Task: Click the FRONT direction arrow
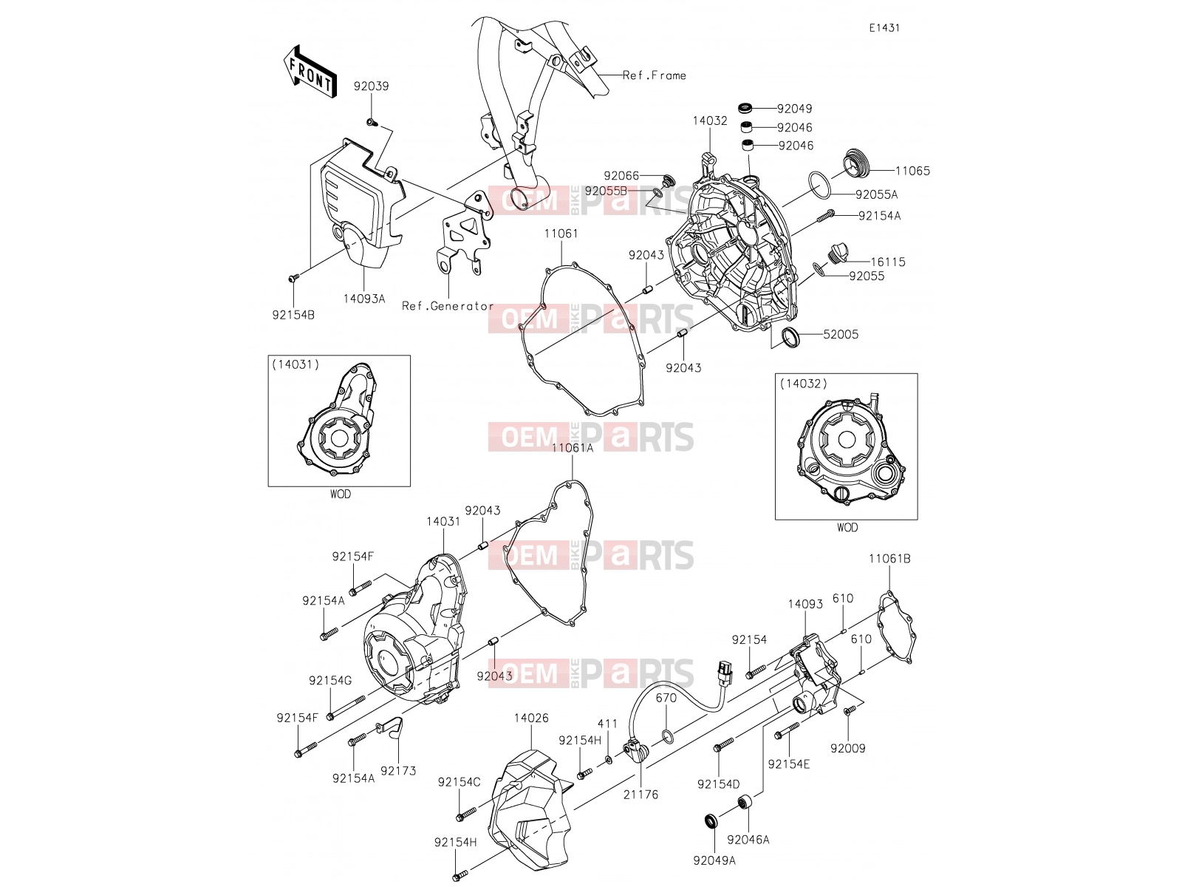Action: pyautogui.click(x=310, y=71)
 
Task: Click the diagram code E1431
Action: pyautogui.click(x=884, y=28)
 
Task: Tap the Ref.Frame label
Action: pyautogui.click(x=655, y=75)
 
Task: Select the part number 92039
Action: pyautogui.click(x=371, y=86)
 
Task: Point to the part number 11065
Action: pyautogui.click(x=913, y=171)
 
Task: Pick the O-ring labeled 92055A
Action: pyautogui.click(x=819, y=186)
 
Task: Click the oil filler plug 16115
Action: pyautogui.click(x=837, y=253)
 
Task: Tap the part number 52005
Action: pyautogui.click(x=841, y=334)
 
